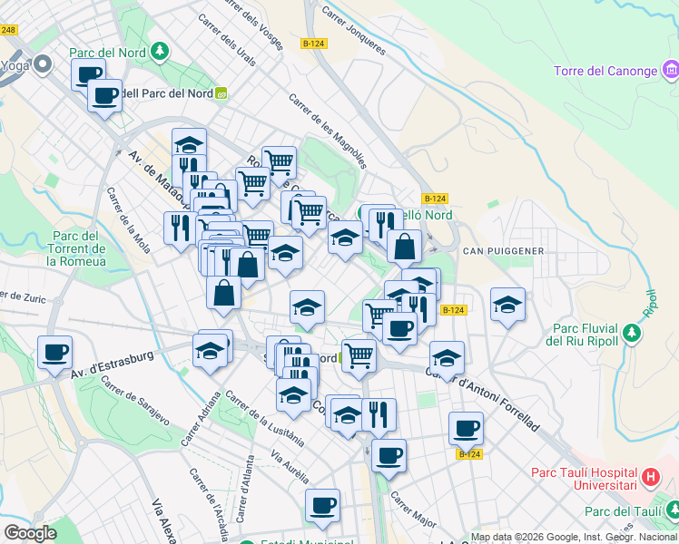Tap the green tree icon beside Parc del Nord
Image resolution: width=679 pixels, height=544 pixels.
(161, 51)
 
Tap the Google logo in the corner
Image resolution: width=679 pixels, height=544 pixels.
(30, 532)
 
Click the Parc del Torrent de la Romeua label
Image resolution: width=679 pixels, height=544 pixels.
(76, 248)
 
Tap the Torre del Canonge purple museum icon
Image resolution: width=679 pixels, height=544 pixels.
(671, 69)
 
